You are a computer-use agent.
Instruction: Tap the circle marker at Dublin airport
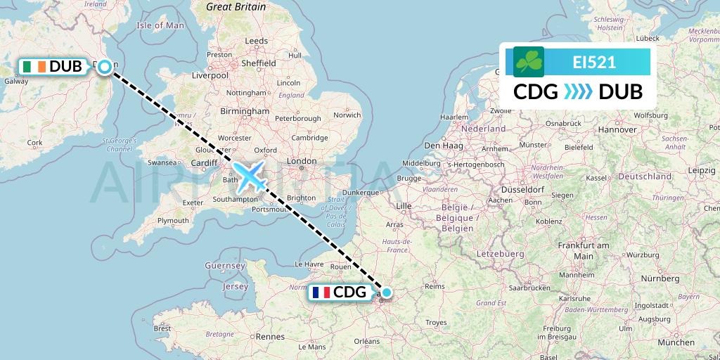[105, 67]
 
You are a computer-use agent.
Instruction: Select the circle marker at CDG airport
[386, 292]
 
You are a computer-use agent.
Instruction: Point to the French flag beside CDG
[321, 292]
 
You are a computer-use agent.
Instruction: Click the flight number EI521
[594, 62]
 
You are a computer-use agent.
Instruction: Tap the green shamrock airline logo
[529, 62]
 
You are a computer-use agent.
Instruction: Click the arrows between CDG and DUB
[579, 92]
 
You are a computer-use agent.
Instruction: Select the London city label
[302, 162]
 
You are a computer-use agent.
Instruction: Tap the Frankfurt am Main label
[584, 250]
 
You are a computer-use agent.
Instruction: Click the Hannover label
[617, 130]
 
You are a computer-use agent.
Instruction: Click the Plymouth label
[173, 220]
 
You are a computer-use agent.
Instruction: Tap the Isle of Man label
[160, 25]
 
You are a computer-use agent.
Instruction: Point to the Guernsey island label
[224, 266]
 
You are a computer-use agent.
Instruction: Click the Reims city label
[436, 286]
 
